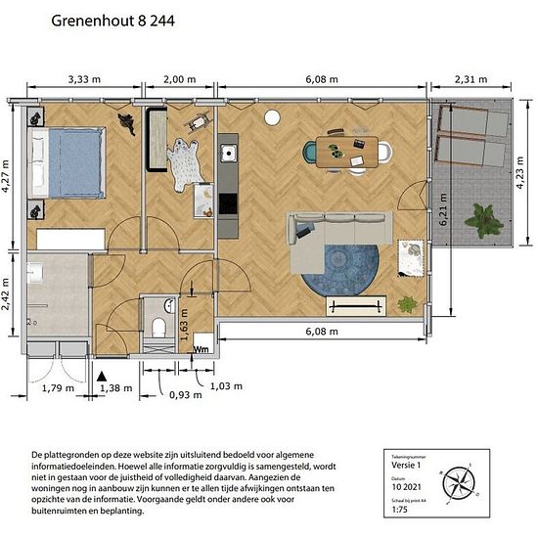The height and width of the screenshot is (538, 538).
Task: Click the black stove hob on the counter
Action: [x=228, y=203]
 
